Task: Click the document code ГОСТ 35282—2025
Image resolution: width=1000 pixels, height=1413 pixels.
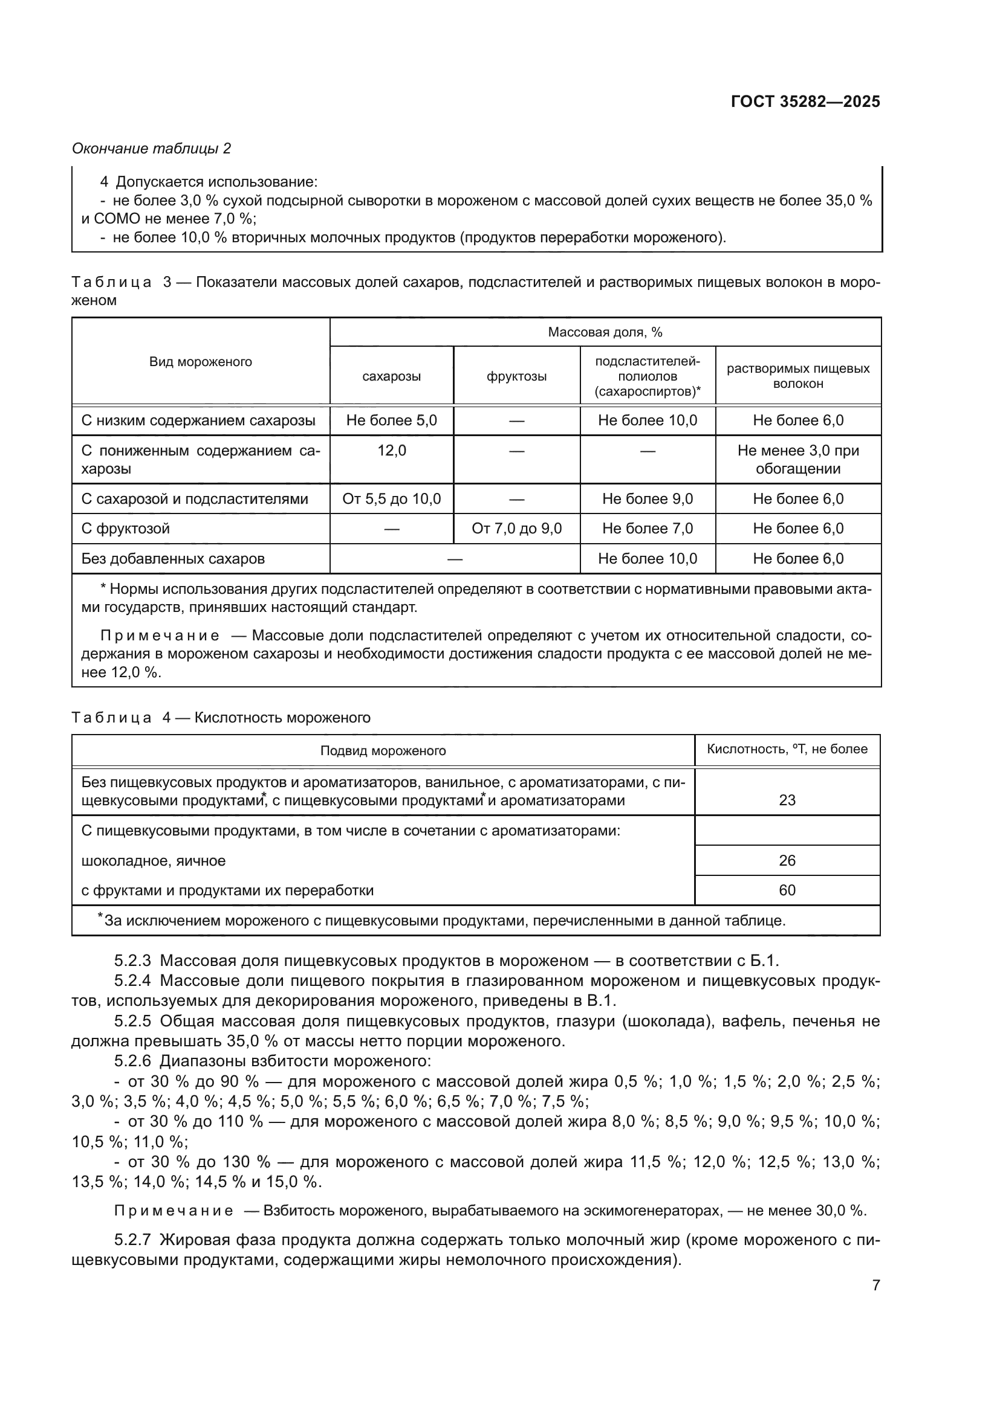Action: (x=805, y=102)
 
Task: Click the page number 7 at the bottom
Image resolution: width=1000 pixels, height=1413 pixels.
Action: (x=875, y=1285)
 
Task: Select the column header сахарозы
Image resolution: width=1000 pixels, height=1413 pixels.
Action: (x=392, y=376)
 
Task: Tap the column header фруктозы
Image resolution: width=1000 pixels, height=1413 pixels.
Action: (x=516, y=376)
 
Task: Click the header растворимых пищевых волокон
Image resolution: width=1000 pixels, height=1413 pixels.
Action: (x=798, y=376)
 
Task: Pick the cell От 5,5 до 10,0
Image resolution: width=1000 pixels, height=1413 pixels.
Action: (x=392, y=499)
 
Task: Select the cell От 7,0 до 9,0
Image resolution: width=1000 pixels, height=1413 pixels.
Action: (x=516, y=529)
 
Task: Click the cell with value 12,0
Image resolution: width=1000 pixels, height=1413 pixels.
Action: (x=392, y=451)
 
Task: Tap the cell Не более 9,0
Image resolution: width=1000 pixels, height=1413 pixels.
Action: (x=647, y=499)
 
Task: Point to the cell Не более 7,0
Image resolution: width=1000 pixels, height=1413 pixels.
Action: (x=647, y=529)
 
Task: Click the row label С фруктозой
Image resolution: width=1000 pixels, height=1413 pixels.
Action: (x=126, y=529)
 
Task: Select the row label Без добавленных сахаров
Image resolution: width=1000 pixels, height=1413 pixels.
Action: (x=173, y=559)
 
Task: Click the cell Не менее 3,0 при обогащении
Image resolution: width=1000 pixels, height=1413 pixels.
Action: (x=798, y=460)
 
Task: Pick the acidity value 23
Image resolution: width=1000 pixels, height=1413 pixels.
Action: (x=787, y=800)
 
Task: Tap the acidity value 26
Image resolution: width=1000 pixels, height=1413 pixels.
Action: (x=787, y=860)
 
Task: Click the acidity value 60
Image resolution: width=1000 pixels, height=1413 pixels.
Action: (x=787, y=890)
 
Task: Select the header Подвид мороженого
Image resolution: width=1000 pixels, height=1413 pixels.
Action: (x=383, y=751)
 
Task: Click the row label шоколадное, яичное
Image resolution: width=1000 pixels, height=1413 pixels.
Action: (x=154, y=860)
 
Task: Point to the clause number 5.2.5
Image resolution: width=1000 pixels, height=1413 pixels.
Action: (x=132, y=1021)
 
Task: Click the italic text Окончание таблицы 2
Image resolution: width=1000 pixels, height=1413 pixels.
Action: (x=152, y=149)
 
